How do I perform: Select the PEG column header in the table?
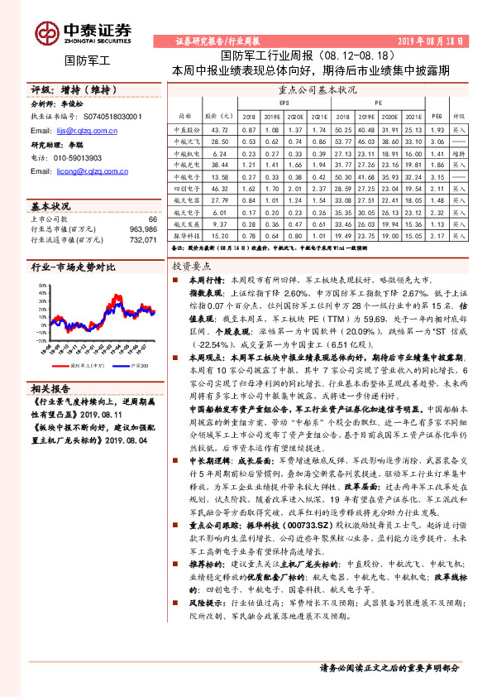tap(437, 118)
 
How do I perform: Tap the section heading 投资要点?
tap(193, 267)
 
